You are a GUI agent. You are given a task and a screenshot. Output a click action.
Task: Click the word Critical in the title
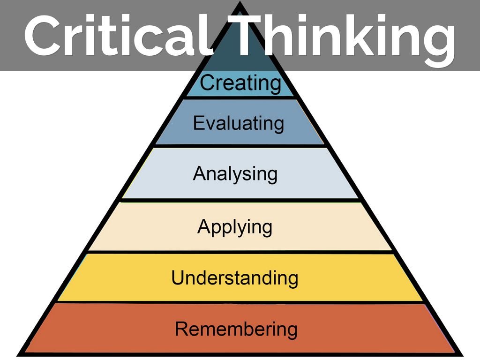click(x=117, y=37)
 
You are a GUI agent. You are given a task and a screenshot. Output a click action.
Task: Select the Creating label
click(x=240, y=83)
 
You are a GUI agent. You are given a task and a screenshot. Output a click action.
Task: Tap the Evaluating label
click(x=238, y=123)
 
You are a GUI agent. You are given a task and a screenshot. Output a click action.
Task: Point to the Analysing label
click(x=235, y=174)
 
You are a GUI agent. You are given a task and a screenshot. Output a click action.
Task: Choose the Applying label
click(x=235, y=227)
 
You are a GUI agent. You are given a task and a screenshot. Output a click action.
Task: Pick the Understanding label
click(x=234, y=278)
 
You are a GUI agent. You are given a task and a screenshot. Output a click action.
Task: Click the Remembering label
click(x=236, y=329)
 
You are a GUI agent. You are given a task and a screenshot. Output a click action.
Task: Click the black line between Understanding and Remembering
click(x=240, y=302)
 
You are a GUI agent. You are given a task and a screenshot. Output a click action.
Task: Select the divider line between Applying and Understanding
click(x=240, y=252)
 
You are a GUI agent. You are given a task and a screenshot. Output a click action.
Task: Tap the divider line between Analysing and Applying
click(x=240, y=200)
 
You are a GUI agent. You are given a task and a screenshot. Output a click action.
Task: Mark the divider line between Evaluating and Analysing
click(x=240, y=146)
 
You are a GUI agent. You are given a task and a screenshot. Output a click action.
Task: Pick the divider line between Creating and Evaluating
click(x=240, y=97)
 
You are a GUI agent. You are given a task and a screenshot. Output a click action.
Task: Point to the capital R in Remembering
click(x=181, y=329)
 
